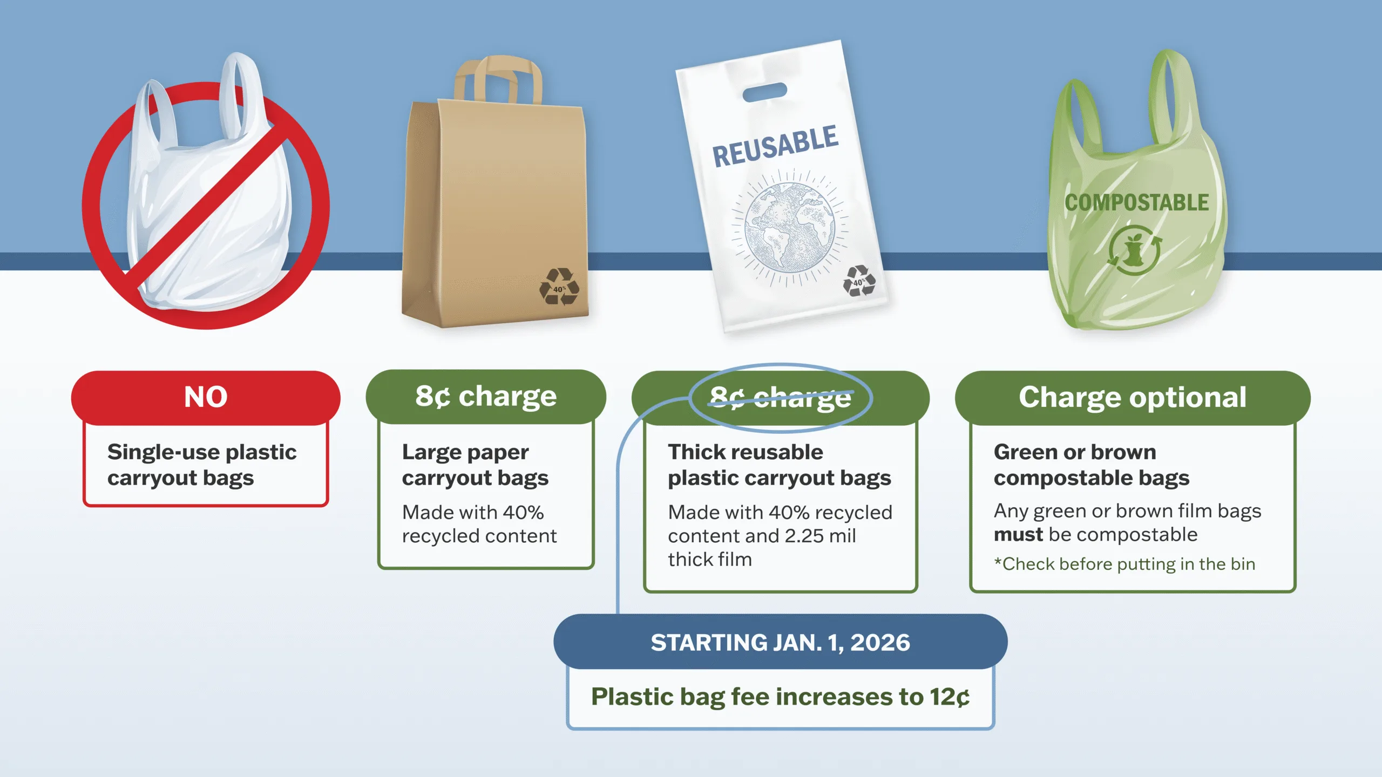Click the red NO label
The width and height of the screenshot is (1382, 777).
[206, 397]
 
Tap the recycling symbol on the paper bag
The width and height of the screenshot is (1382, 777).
[559, 287]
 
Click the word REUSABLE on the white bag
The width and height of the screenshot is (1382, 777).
[775, 146]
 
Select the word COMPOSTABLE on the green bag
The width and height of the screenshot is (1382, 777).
[1136, 203]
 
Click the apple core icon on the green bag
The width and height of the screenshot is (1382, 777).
[1134, 250]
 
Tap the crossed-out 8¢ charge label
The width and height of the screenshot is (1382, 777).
[781, 398]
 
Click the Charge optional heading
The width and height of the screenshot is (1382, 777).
[1133, 397]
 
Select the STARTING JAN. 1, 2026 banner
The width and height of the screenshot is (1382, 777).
[780, 642]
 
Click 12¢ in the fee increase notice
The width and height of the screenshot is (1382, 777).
[949, 697]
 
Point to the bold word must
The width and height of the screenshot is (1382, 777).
[1018, 535]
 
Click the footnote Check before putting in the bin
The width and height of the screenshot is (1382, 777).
[1125, 564]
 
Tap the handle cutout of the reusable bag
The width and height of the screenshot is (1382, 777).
[764, 92]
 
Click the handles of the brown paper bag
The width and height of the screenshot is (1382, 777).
[497, 81]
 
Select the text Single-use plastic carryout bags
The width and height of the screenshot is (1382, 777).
[202, 465]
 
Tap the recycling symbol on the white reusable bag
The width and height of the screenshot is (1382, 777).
[858, 281]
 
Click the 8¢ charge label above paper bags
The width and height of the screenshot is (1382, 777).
[486, 397]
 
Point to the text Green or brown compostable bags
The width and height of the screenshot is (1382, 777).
[1092, 465]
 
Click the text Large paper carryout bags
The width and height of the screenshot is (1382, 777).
[475, 465]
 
